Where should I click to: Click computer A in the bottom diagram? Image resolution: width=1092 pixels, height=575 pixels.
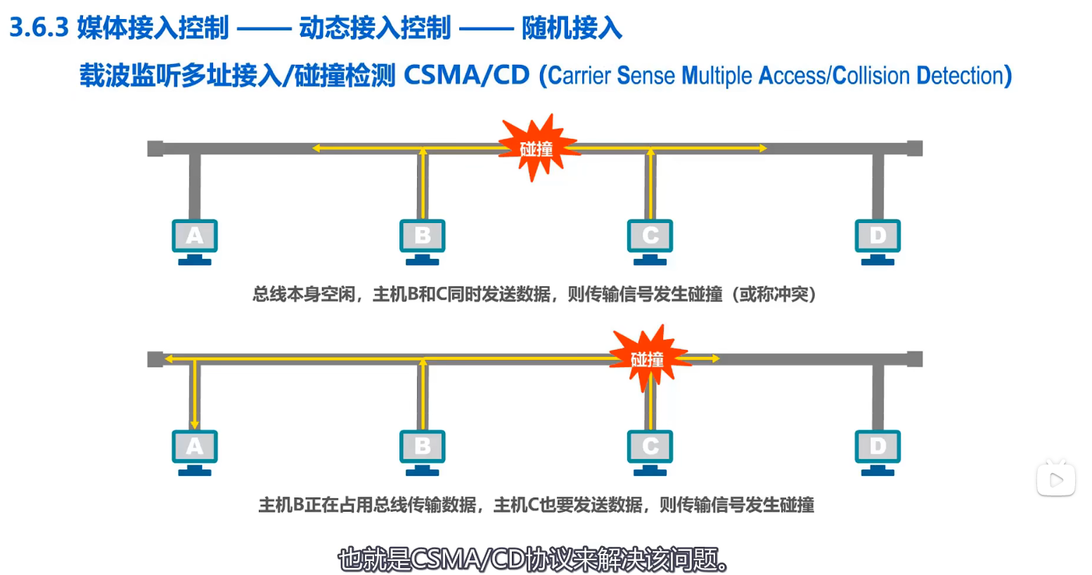(x=195, y=451)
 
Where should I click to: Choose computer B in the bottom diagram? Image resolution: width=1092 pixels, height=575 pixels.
(x=422, y=451)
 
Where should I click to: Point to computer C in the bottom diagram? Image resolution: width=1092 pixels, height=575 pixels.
(x=650, y=451)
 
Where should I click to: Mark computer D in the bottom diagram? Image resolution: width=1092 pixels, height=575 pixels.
(x=878, y=451)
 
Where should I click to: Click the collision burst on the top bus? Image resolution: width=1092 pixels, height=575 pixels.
(x=537, y=148)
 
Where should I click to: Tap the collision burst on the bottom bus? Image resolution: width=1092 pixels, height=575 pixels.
(x=648, y=358)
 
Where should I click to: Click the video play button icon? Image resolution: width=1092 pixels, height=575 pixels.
(x=1055, y=480)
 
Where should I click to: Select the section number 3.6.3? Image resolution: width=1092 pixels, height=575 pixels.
(x=39, y=28)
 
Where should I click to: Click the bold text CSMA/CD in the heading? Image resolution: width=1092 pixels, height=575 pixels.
(x=466, y=75)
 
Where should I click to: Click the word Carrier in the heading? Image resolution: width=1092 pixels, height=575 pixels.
(x=579, y=75)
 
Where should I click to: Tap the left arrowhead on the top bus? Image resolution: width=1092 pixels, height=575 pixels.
(x=316, y=148)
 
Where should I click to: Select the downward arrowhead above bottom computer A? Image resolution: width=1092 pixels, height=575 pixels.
(x=195, y=424)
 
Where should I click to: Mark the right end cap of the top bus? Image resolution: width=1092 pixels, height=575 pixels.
(x=914, y=148)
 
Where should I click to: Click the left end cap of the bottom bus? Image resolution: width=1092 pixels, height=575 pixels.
(x=155, y=359)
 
